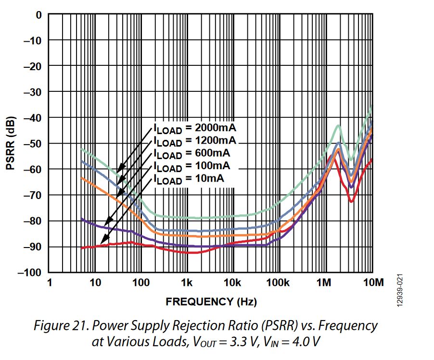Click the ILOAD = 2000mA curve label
[195, 128]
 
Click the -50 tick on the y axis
[34, 144]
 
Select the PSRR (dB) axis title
[11, 143]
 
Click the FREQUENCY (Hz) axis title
[211, 302]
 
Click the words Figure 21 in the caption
[56, 325]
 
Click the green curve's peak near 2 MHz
[339, 125]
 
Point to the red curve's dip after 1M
[351, 201]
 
